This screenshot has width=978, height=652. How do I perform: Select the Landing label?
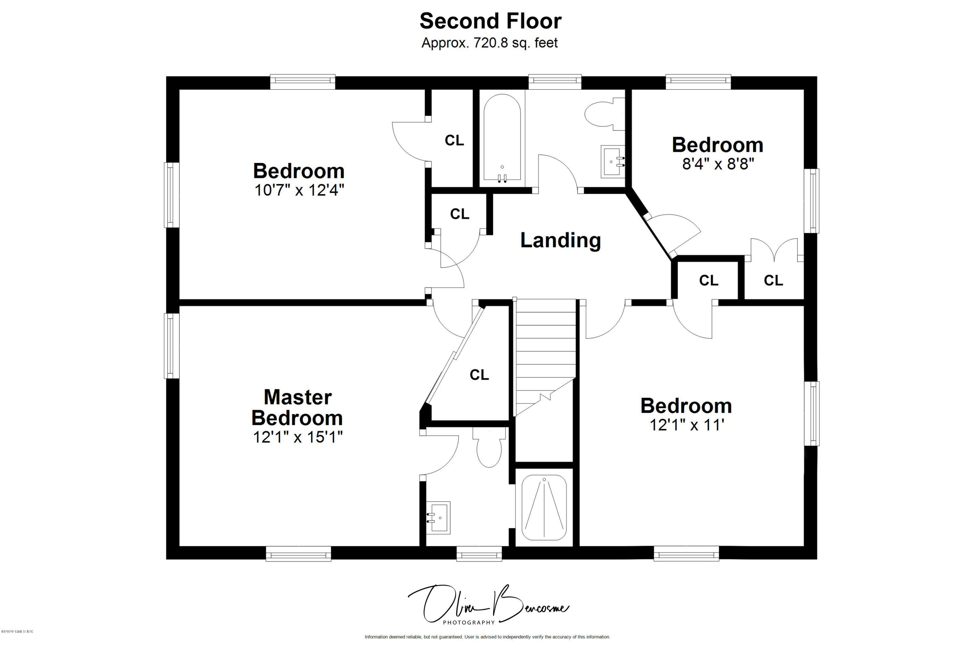click(560, 240)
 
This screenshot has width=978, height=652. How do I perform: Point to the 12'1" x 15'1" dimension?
click(298, 437)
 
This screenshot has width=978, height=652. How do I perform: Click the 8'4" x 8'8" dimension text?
click(718, 164)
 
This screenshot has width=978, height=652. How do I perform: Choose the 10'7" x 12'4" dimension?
click(299, 190)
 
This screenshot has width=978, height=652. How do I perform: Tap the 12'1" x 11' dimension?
click(687, 425)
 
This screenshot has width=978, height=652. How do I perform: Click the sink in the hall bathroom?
click(613, 161)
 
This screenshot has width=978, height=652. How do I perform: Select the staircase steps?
click(545, 353)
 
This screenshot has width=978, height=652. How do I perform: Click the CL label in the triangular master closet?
click(479, 375)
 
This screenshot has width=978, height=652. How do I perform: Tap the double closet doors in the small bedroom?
click(774, 250)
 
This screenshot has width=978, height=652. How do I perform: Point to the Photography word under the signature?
click(469, 622)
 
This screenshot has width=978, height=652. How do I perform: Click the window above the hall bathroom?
click(555, 81)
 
